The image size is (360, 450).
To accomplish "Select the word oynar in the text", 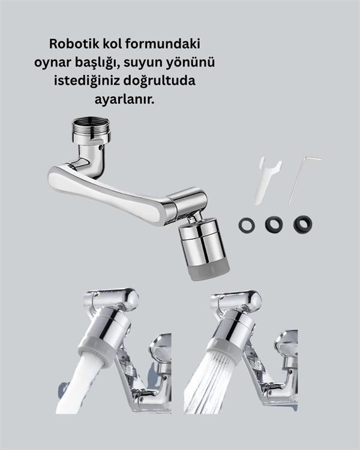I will [71, 62].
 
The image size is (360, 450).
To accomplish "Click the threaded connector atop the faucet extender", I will [91, 128].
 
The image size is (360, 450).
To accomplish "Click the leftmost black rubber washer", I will [246, 225].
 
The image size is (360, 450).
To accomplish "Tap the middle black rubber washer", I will [274, 224].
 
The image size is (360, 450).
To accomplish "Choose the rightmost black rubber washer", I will [302, 224].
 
